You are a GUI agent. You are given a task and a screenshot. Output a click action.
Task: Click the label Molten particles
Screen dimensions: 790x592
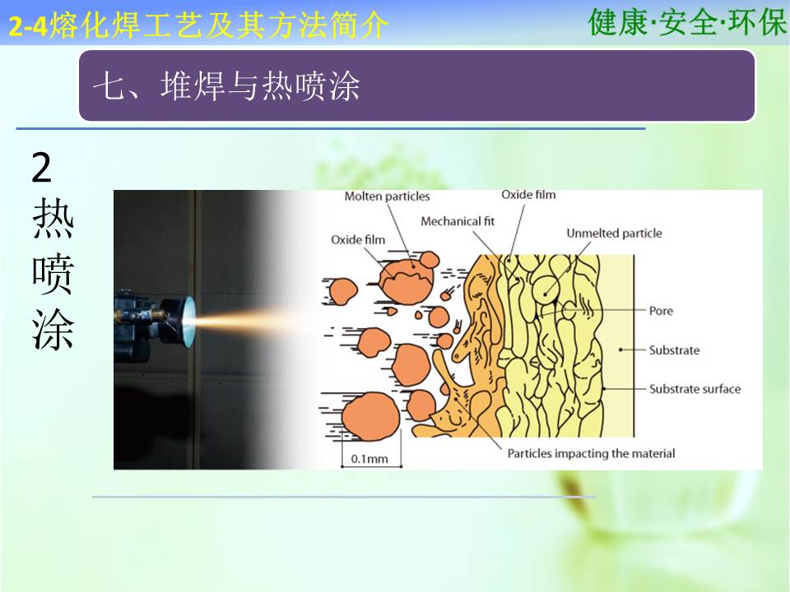pos(387,197)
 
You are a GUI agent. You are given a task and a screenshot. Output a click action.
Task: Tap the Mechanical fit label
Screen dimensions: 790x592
pos(458,221)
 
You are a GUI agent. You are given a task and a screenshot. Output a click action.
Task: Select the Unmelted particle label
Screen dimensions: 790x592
pos(614,233)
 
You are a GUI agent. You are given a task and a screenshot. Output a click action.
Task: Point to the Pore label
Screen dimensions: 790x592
pos(661,311)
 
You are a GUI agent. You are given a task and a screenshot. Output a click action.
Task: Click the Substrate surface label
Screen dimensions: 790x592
pos(695,389)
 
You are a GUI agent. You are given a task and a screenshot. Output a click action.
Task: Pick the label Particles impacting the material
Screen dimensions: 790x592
pos(591,454)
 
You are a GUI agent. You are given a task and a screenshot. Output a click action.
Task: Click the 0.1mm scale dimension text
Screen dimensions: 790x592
pos(369,459)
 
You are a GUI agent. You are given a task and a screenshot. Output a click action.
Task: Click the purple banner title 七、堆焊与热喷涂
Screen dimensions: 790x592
pos(226,86)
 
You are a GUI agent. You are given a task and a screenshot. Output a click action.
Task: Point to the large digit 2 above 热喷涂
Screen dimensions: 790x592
pos(42,168)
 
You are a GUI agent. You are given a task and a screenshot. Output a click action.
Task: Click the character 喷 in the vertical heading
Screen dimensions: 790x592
pos(53,275)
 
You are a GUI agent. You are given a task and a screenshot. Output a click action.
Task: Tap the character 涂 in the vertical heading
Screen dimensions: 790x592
pos(53,329)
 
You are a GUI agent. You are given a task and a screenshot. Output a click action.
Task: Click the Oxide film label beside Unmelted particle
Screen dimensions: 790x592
pos(528,195)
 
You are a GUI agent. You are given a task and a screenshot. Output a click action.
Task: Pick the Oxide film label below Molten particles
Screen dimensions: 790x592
pos(358,239)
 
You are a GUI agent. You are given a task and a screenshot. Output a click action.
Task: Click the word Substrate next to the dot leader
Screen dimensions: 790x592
pos(674,350)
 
